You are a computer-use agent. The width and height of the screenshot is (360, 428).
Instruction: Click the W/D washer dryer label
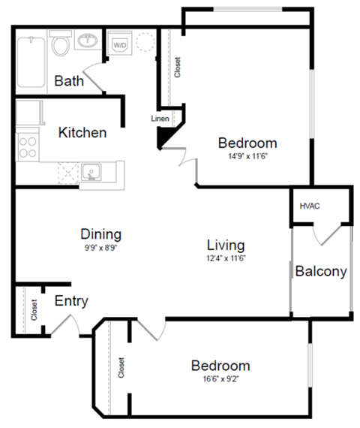click(x=120, y=46)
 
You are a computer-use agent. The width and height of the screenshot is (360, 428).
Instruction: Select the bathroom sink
click(x=88, y=40)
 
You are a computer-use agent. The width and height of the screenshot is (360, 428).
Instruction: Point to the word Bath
click(x=69, y=80)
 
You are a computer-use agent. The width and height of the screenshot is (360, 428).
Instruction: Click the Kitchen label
click(x=82, y=133)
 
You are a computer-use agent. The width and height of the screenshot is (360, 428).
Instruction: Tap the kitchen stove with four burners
click(x=28, y=144)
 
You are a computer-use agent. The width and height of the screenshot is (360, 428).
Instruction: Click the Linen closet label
click(x=160, y=119)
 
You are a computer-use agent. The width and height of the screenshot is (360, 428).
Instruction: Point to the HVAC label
click(x=310, y=205)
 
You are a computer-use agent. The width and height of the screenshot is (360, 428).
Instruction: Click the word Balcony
click(x=321, y=271)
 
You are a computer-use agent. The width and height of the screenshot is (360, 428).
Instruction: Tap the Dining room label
click(x=100, y=234)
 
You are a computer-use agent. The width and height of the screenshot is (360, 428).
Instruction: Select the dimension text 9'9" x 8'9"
click(x=100, y=247)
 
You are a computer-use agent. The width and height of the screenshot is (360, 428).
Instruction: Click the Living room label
click(x=226, y=245)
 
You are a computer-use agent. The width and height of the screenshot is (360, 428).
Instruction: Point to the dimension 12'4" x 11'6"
click(x=226, y=258)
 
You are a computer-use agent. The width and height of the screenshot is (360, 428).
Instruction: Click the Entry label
click(x=71, y=301)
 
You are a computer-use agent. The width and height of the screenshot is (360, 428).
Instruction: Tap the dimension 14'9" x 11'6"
click(x=247, y=157)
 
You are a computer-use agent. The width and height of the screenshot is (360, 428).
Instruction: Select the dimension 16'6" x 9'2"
click(x=220, y=379)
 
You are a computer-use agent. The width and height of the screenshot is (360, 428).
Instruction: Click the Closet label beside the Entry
click(x=34, y=310)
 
